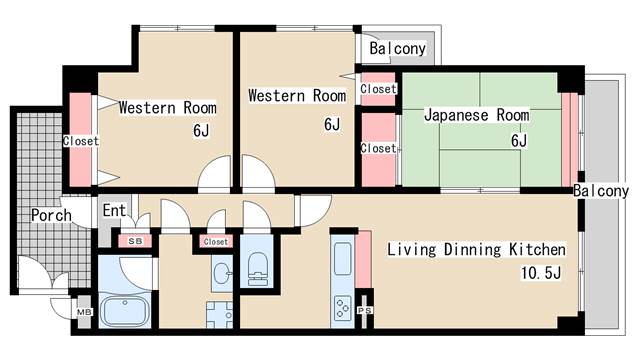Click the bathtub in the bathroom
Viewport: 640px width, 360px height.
point(125,307)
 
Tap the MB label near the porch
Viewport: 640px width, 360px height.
point(84,313)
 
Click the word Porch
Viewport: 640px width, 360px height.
point(50,215)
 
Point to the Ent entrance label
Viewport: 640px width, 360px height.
point(114,211)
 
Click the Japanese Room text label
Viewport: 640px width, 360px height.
point(476,116)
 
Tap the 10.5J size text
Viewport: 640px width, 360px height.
point(541,272)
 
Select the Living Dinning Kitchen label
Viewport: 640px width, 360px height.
point(477,249)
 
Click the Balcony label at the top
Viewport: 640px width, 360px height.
point(397,49)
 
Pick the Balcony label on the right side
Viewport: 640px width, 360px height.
point(601,190)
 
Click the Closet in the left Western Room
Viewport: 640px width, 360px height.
point(81,141)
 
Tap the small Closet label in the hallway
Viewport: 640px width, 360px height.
point(215,241)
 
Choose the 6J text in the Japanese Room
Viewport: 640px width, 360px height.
point(518,140)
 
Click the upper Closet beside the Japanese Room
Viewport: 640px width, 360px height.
point(378,89)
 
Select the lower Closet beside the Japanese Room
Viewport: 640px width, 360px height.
point(378,148)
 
